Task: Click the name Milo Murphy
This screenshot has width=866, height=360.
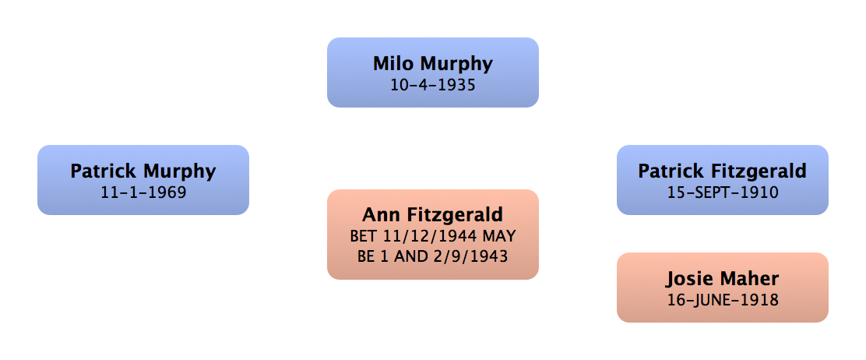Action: tap(432, 63)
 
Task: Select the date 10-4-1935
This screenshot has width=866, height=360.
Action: tap(432, 84)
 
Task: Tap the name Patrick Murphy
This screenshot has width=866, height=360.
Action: tap(143, 171)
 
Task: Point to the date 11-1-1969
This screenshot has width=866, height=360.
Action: tap(143, 192)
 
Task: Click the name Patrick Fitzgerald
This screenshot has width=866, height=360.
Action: tap(722, 171)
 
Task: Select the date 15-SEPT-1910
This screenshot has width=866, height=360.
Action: tap(722, 192)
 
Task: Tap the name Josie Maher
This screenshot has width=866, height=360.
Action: tap(722, 278)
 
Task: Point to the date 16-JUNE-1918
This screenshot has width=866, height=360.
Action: tap(722, 299)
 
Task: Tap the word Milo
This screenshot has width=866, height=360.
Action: tap(393, 63)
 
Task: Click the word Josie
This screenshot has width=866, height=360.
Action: tap(688, 278)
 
